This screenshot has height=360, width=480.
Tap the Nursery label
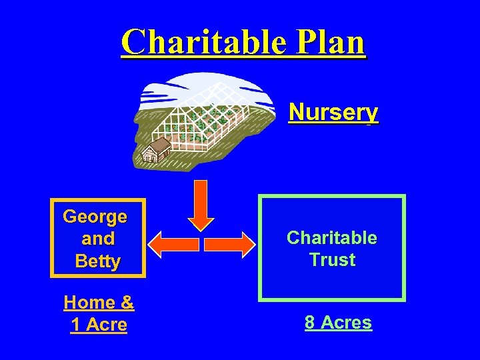tap(333, 111)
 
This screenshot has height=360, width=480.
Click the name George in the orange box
tap(95, 216)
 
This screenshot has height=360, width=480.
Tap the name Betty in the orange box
tap(98, 261)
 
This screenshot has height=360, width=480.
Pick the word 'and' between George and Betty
tap(98, 238)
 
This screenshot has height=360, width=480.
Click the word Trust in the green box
tap(332, 259)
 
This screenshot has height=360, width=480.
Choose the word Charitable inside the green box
tap(332, 237)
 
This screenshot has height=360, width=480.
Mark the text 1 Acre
tap(99, 325)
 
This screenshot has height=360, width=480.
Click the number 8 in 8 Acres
tap(310, 323)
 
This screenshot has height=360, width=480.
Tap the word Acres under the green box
tap(346, 323)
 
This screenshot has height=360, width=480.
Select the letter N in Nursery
tap(296, 111)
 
